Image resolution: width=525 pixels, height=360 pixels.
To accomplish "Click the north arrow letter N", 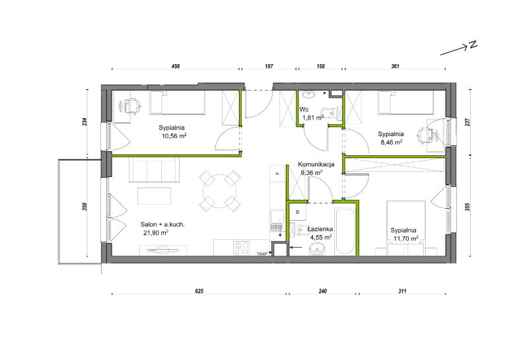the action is (x=473, y=45).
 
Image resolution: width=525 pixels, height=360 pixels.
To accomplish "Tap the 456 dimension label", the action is (x=176, y=66).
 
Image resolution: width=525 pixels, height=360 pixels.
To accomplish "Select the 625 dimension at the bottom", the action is (x=199, y=291).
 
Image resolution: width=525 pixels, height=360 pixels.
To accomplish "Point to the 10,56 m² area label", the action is (x=174, y=136).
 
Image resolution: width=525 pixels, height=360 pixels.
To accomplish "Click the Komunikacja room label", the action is (x=316, y=164).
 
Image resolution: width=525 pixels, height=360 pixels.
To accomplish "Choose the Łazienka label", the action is (x=320, y=229).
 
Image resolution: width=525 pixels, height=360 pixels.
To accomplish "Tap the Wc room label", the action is (x=304, y=109).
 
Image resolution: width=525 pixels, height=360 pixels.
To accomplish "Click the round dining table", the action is (x=220, y=191).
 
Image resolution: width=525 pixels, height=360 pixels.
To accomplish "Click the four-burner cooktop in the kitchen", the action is (x=241, y=248).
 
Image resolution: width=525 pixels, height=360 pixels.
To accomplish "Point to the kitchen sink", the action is (x=277, y=221).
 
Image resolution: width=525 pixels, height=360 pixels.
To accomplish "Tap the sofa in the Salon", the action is (x=155, y=170).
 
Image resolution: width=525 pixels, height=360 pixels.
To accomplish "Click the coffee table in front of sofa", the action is (x=155, y=196).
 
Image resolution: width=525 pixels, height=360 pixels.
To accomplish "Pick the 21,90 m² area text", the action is (x=156, y=233).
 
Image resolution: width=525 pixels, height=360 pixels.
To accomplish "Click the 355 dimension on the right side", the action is (x=468, y=206).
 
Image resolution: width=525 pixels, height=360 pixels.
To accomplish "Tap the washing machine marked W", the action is (x=297, y=211).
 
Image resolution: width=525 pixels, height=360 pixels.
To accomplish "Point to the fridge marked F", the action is (x=277, y=173).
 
